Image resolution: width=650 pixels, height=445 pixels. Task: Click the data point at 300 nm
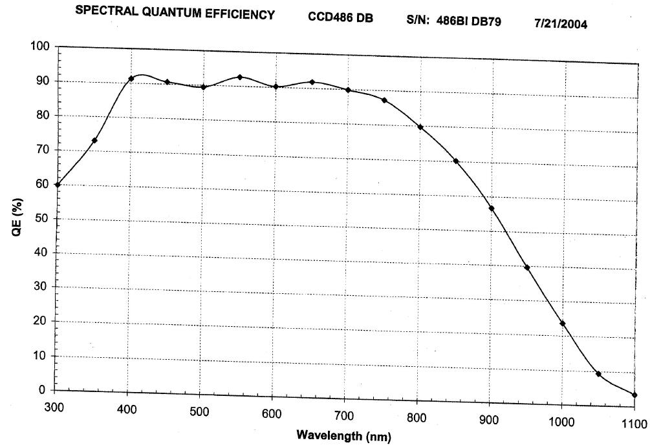point(58,185)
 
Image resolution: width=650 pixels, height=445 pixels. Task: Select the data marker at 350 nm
point(94,140)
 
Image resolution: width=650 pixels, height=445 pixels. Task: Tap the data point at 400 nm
point(131,79)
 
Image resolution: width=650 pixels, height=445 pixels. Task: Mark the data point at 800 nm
point(420,127)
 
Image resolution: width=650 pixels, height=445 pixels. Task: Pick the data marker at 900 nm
point(492,209)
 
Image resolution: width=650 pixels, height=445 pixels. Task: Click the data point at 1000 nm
point(563,324)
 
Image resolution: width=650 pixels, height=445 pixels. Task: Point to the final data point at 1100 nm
point(634,395)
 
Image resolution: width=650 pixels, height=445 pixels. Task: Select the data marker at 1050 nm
point(599,374)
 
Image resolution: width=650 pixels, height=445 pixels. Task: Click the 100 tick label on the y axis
point(39,47)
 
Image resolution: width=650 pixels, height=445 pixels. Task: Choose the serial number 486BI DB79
point(472,21)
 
